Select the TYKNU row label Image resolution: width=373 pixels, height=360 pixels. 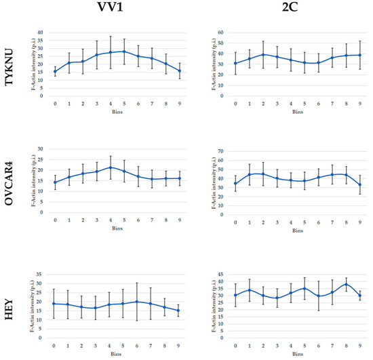13,63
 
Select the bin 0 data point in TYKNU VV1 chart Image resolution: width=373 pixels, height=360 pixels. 55,71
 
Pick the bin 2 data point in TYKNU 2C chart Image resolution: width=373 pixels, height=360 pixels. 263,54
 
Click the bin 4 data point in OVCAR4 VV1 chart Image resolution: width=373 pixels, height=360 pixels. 110,167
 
